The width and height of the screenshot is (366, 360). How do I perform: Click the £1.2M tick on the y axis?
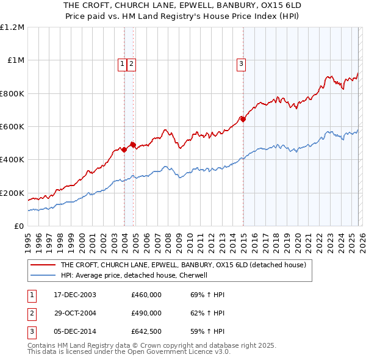click(x=12, y=27)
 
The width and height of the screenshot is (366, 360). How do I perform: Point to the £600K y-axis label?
click(x=12, y=127)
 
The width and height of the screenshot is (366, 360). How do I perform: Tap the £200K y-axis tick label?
click(x=12, y=193)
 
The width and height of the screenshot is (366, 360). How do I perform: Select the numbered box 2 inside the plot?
click(x=131, y=63)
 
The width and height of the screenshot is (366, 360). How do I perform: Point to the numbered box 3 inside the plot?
click(x=241, y=63)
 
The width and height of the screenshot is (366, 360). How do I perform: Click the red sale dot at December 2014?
click(x=243, y=120)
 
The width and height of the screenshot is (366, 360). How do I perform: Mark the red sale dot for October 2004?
click(x=133, y=145)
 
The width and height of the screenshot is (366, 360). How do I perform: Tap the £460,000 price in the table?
click(x=146, y=295)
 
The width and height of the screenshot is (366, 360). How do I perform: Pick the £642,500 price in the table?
click(x=146, y=332)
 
